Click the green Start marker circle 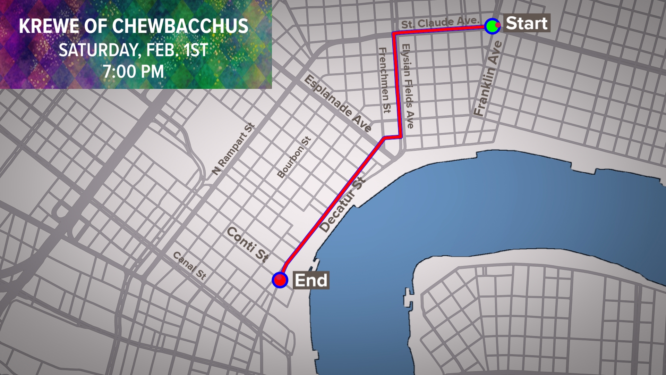click(x=492, y=26)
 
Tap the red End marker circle click(x=280, y=280)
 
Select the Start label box click(x=527, y=23)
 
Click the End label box click(x=311, y=280)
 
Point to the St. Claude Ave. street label click(x=440, y=23)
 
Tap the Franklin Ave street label click(x=488, y=78)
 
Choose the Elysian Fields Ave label click(x=408, y=85)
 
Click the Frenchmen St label click(x=384, y=80)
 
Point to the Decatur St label click(x=342, y=205)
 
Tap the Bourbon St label click(x=294, y=158)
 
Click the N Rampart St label click(x=233, y=149)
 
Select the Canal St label click(x=190, y=266)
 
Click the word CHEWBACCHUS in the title click(x=180, y=26)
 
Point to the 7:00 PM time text click(x=134, y=72)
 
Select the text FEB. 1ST click(x=177, y=50)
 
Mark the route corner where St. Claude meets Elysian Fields click(x=394, y=34)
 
